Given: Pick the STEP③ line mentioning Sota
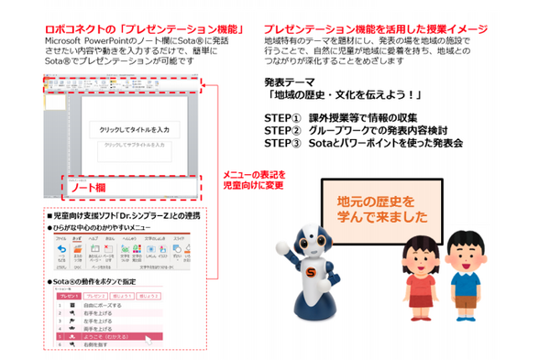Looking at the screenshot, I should tap(363, 144).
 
